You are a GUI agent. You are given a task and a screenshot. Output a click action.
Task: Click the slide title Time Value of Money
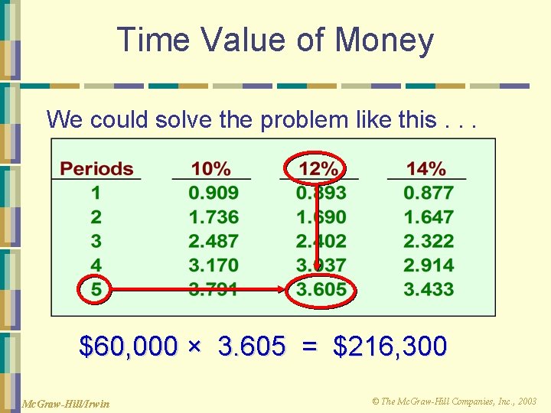(275, 40)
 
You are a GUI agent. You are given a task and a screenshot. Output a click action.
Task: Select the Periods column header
(96, 168)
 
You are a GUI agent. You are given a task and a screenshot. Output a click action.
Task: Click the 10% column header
(212, 168)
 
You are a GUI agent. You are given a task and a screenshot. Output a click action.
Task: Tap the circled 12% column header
(318, 168)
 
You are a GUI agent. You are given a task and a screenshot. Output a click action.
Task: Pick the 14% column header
(425, 168)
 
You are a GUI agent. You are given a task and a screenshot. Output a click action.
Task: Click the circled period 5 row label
(96, 290)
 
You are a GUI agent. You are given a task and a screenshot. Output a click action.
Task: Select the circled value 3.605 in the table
(321, 290)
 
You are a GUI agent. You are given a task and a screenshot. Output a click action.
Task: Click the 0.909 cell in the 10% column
(214, 193)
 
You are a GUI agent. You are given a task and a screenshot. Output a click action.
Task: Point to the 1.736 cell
(214, 217)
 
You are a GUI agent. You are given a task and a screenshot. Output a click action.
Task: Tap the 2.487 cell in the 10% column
(214, 241)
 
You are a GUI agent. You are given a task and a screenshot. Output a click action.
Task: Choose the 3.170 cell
(214, 265)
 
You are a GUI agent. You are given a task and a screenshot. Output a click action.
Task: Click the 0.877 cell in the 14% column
(429, 193)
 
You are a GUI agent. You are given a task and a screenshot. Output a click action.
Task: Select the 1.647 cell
(429, 217)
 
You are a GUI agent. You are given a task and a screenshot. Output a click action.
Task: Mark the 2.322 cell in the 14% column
(429, 241)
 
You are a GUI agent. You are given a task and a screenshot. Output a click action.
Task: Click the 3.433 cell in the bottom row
(429, 290)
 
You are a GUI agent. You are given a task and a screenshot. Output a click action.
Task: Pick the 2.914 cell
(429, 265)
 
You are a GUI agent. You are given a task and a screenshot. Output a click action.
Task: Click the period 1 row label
(96, 193)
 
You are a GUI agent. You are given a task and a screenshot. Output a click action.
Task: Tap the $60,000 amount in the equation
(129, 346)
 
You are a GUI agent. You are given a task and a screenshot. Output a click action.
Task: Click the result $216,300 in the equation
(390, 346)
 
